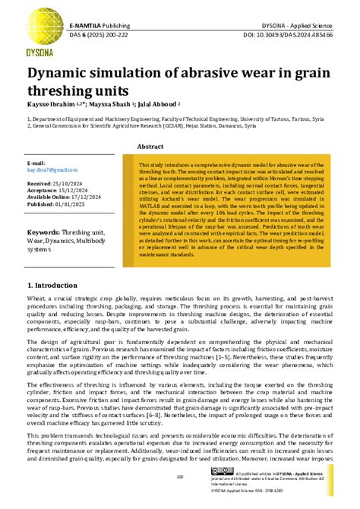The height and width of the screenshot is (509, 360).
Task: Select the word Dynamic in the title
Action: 64,74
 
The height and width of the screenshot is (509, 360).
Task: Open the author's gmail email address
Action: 52,170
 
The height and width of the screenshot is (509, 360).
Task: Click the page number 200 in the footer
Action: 180,477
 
